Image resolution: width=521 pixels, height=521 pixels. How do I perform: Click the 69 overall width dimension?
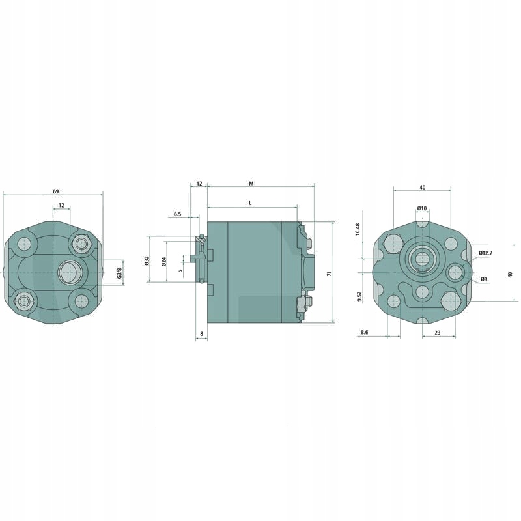(55, 191)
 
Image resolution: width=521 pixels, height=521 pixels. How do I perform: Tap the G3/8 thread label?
(119, 274)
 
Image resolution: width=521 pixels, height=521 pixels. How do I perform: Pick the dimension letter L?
(251, 204)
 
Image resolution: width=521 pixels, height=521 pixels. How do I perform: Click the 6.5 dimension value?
(177, 214)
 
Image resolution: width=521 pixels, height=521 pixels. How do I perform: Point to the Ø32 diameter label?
(147, 261)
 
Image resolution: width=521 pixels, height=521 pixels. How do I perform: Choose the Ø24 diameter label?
(164, 261)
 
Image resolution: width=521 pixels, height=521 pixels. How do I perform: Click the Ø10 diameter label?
(422, 208)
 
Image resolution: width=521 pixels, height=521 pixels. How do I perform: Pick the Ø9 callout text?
(484, 279)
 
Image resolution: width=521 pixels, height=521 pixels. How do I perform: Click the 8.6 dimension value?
(364, 333)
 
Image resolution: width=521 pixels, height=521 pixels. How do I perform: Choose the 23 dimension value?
(434, 333)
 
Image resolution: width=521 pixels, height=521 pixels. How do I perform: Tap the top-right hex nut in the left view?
(81, 244)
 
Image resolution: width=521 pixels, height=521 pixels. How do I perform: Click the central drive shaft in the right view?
(422, 259)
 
